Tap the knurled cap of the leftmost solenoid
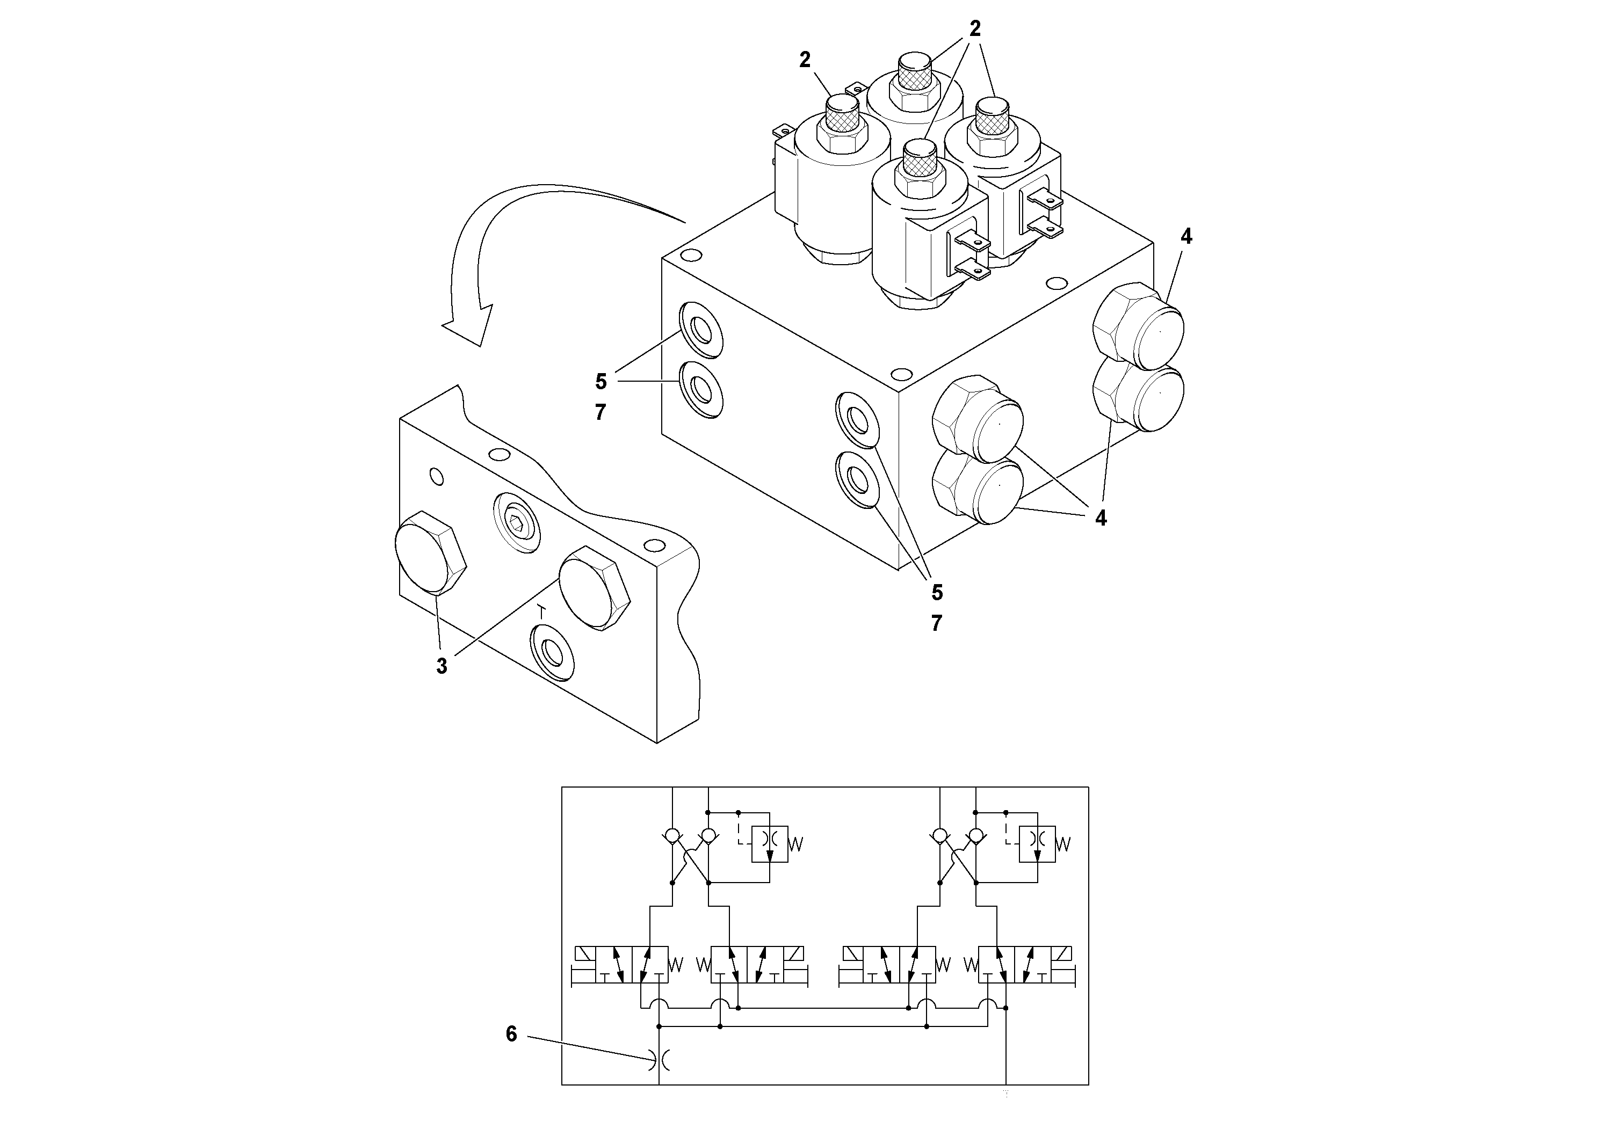(843, 111)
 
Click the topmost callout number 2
(975, 28)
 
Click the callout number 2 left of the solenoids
(805, 61)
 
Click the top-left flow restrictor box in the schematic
(770, 843)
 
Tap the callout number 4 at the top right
(1186, 237)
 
